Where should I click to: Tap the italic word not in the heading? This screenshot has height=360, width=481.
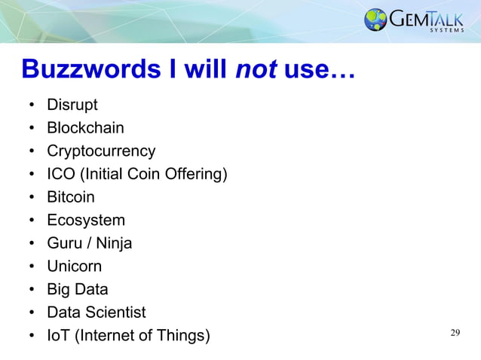click(255, 70)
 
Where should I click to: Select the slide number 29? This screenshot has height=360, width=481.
click(455, 333)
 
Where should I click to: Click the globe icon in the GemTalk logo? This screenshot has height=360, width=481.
click(375, 20)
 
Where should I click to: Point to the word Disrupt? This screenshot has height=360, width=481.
click(72, 105)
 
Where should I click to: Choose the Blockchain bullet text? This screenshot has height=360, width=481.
click(85, 128)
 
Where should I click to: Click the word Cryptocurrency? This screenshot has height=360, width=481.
click(101, 151)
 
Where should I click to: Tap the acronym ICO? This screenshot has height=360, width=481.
click(60, 174)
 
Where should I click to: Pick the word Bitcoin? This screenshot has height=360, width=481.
click(71, 197)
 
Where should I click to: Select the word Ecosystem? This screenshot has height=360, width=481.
click(86, 220)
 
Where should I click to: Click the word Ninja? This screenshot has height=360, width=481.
click(113, 243)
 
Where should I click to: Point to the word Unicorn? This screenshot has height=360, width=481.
click(74, 266)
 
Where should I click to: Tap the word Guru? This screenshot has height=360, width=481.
click(64, 243)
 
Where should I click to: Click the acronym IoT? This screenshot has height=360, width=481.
click(57, 335)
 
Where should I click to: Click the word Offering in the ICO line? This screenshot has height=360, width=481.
click(195, 174)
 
